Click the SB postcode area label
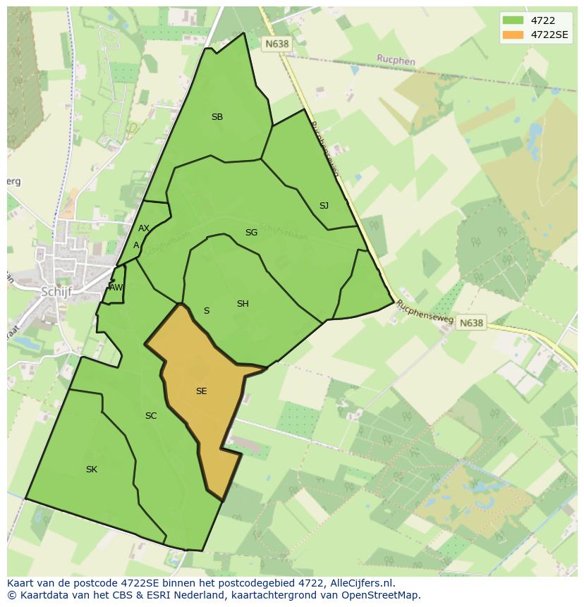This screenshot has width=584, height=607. point(217,117)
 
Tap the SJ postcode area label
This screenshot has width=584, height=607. point(324,206)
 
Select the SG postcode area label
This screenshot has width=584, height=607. point(251,233)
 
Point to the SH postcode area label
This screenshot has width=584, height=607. point(243,304)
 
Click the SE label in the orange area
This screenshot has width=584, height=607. point(202,391)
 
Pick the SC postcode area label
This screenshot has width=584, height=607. point(151,416)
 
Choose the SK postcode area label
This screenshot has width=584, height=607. point(92,470)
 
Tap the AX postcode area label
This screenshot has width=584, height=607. point(144,228)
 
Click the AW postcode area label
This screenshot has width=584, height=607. point(116,288)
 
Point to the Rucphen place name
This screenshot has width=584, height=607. point(396,61)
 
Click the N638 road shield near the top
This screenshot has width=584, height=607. point(276,44)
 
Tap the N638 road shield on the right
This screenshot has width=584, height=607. point(471,323)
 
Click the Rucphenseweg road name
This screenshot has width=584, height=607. point(425,312)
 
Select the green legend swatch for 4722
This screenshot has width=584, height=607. point(512,20)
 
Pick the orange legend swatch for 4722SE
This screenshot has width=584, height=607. point(512,34)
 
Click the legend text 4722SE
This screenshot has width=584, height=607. point(550,34)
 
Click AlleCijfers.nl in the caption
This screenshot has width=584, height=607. point(359,583)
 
